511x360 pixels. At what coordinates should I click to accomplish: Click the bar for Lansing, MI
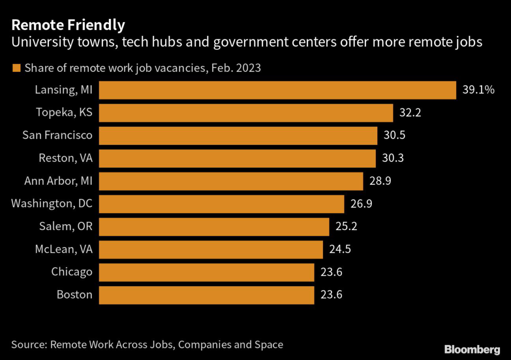[x=277, y=90]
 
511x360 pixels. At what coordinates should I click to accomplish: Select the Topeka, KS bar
[x=246, y=113]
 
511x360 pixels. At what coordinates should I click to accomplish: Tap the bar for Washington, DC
[x=222, y=204]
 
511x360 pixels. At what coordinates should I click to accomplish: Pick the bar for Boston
[x=207, y=295]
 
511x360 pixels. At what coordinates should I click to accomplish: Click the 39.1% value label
[x=478, y=90]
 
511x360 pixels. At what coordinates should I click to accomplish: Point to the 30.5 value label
[x=394, y=136]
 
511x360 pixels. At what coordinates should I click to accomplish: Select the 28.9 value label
[x=379, y=181]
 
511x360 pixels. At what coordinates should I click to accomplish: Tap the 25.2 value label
[x=346, y=227]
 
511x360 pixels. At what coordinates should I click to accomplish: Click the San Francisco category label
[x=58, y=136]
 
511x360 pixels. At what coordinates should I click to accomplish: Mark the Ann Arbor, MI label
[x=58, y=181]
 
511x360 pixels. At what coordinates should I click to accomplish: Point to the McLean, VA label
[x=63, y=249]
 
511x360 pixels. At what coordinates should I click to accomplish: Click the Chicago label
[x=72, y=272]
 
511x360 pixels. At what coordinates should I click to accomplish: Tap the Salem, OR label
[x=66, y=227]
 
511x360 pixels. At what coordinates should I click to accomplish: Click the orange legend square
[x=16, y=68]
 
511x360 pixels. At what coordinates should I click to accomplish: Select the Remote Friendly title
[x=68, y=24]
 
